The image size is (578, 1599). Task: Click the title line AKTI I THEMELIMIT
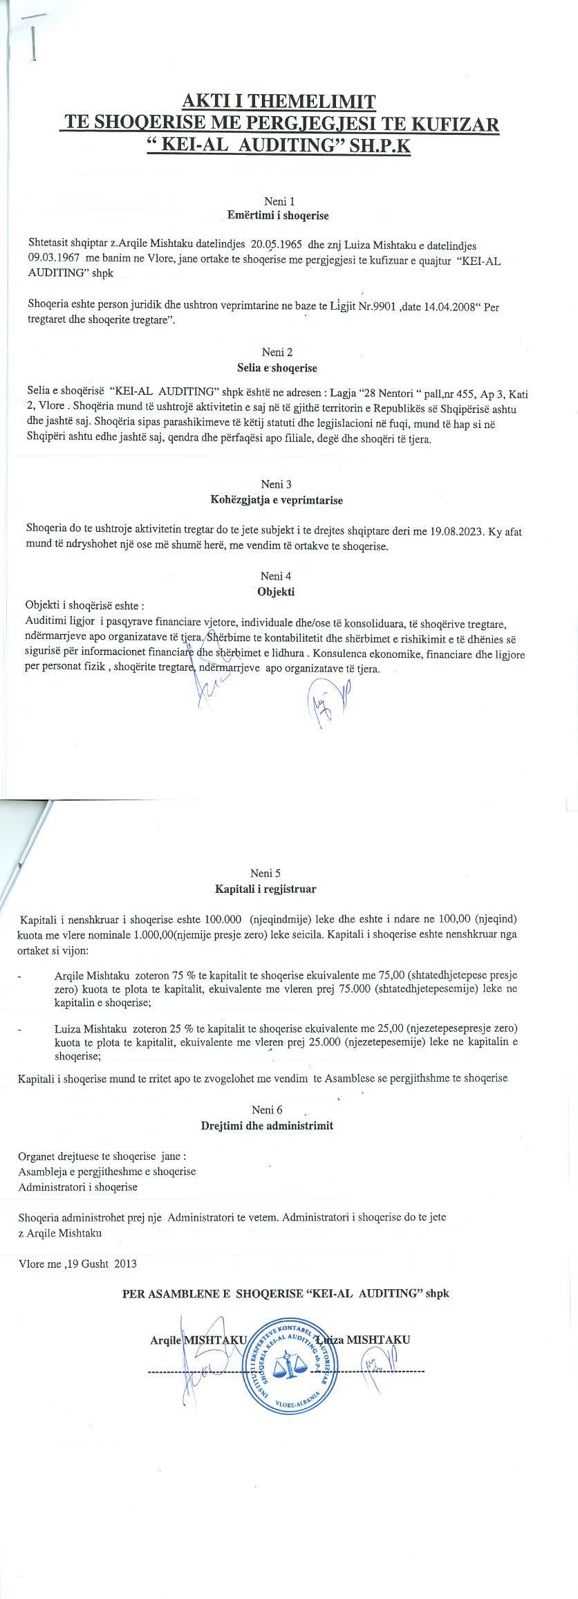click(279, 102)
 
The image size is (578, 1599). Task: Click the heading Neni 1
click(279, 201)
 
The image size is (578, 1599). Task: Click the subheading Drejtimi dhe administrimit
click(267, 1125)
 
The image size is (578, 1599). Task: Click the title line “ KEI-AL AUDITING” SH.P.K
click(279, 147)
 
